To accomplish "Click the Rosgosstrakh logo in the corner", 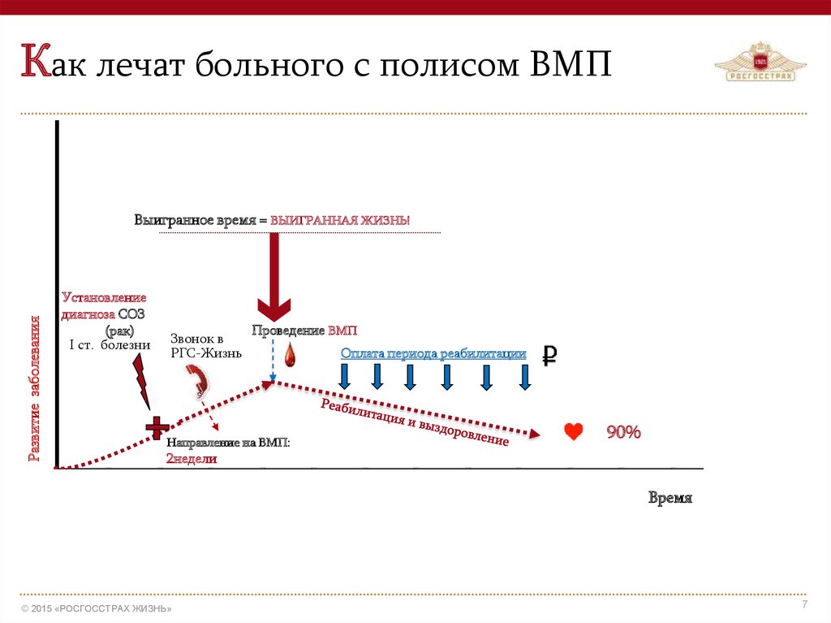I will point(755,63).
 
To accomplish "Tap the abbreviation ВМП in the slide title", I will point(571,64).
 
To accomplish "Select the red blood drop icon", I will point(290,356).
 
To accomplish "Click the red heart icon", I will point(574,432).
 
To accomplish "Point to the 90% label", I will point(623,432).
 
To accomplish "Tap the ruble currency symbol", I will point(549,355).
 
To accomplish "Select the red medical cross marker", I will point(157,428).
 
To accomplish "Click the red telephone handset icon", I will point(198,379).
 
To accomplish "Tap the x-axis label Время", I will point(670,498).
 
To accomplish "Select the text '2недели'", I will point(192,458).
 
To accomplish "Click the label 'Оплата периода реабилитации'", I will point(433,354).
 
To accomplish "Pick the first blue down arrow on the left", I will point(344,377).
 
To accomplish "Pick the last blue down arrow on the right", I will point(525,377).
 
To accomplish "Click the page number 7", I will point(804,604).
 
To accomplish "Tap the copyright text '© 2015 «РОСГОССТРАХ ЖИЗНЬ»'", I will point(97,608).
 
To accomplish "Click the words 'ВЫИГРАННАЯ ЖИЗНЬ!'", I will point(341,221).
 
